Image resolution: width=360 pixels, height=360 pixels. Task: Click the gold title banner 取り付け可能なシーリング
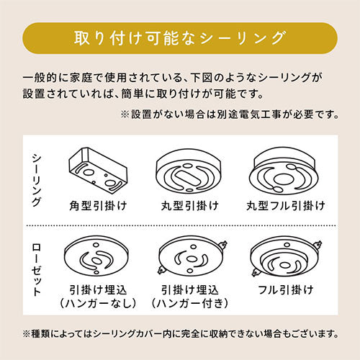180,38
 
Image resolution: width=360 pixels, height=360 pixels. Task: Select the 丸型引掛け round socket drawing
189,171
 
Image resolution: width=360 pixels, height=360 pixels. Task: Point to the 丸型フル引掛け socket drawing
284,171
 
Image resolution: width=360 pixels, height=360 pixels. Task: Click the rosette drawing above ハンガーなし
96,256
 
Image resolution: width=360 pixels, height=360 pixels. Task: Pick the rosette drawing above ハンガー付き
192,256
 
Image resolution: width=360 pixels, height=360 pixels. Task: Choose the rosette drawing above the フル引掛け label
286,257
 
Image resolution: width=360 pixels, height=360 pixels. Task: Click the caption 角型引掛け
98,206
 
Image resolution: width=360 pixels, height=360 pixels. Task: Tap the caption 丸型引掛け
189,206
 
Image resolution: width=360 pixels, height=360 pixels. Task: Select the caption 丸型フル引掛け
286,206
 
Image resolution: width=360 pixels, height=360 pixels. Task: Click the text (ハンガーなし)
98,303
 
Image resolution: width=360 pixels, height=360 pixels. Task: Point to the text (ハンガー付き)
189,303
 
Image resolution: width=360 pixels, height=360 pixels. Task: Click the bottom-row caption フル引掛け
286,290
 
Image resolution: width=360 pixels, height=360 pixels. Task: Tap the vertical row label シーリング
36,181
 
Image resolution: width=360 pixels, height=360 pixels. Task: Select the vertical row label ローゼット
36,269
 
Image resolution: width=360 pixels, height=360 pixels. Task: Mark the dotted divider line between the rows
181,225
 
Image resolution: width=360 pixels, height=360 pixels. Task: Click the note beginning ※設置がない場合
230,114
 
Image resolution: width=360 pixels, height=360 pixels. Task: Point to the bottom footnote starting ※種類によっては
181,334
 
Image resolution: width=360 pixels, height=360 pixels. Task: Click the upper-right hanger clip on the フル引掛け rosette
318,245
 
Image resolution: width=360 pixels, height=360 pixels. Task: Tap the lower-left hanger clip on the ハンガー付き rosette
161,271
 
